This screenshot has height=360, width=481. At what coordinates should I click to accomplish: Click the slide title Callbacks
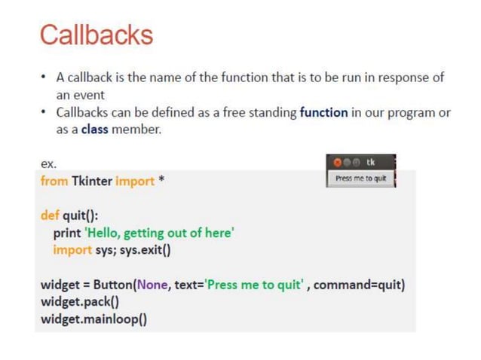point(96,35)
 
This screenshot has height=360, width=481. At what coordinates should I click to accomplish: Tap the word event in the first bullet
point(89,96)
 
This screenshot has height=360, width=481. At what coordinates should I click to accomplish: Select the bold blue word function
point(323,113)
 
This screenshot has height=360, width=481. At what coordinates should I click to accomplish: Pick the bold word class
point(94,130)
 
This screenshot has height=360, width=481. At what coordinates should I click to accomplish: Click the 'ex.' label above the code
point(47,163)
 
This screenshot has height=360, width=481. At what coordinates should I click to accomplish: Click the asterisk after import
point(161,182)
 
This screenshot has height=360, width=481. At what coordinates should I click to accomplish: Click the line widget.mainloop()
point(93,319)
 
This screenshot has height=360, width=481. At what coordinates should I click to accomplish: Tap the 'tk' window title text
point(370,163)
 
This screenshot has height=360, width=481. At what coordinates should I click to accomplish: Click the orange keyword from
point(54,181)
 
